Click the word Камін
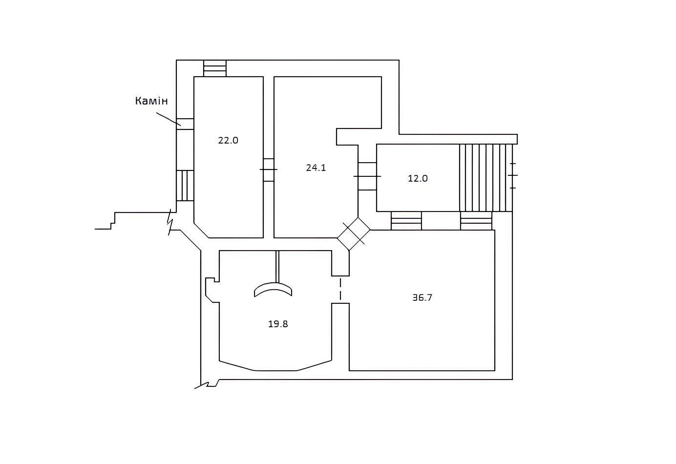[151, 101]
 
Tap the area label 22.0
[228, 140]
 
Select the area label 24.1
[316, 168]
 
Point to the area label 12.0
[418, 178]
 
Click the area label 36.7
[422, 297]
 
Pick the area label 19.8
[278, 324]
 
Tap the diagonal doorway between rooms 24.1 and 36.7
[354, 234]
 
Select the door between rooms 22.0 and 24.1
[269, 170]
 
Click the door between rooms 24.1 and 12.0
[367, 176]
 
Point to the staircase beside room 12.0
[486, 178]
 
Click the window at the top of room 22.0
[215, 68]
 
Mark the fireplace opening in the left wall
[185, 124]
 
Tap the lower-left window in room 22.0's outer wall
[185, 186]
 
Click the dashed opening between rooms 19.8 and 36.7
[340, 289]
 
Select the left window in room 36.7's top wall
[406, 221]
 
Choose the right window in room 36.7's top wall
[476, 221]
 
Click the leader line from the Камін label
[169, 119]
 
